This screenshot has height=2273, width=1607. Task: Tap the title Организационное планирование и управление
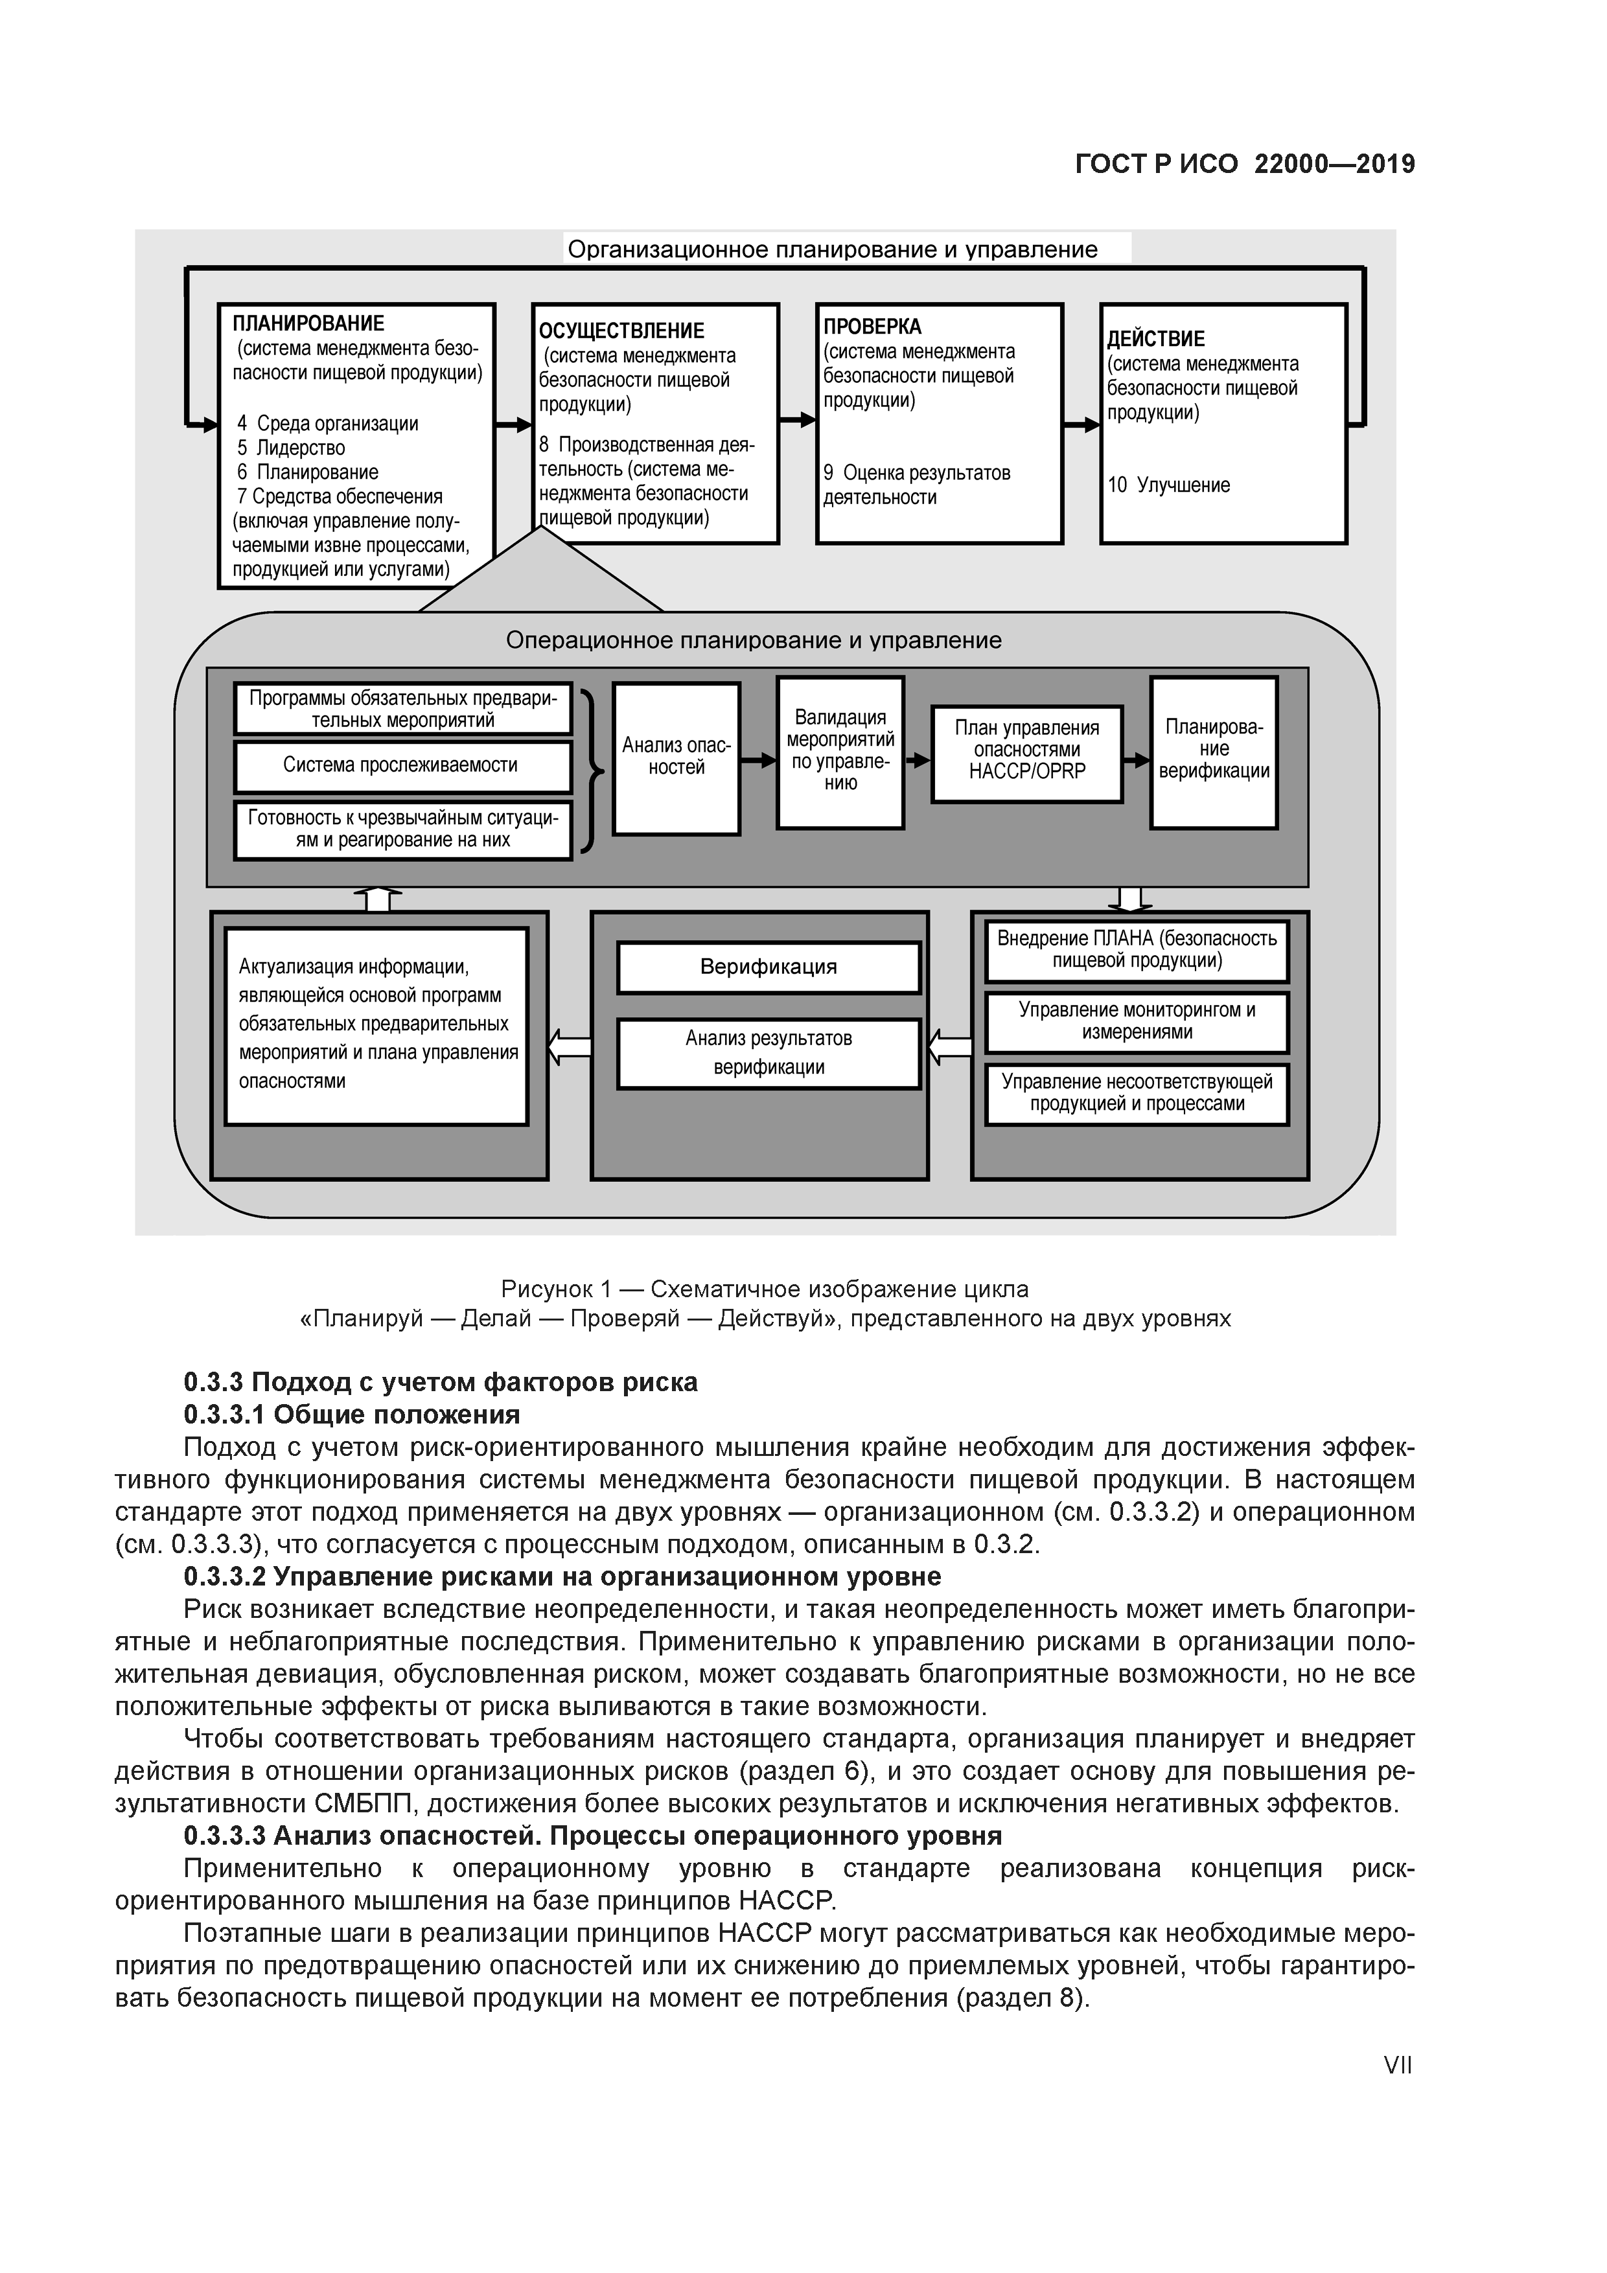point(832,249)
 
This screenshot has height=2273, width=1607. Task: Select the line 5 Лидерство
point(291,448)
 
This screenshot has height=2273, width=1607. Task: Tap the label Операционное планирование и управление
point(754,641)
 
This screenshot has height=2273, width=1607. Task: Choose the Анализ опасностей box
point(676,757)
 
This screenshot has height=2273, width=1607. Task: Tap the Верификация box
point(769,967)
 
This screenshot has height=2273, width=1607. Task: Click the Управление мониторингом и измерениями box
point(1137,1021)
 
